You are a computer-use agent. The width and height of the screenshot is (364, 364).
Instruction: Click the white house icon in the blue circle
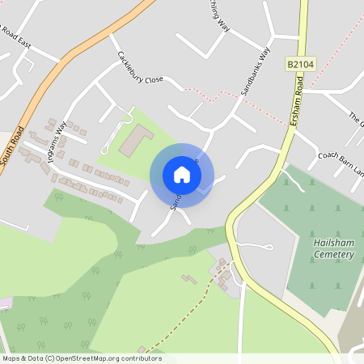182,175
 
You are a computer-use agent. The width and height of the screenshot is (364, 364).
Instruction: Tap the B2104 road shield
298,62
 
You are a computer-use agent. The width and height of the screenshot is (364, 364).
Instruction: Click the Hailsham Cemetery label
333,249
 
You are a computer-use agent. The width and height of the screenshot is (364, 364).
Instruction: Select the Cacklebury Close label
140,69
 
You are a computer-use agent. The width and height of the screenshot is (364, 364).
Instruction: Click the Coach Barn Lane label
340,158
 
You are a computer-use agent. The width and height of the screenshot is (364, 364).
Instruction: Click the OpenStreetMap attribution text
81,358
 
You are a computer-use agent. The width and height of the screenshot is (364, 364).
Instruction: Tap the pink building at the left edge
4,302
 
